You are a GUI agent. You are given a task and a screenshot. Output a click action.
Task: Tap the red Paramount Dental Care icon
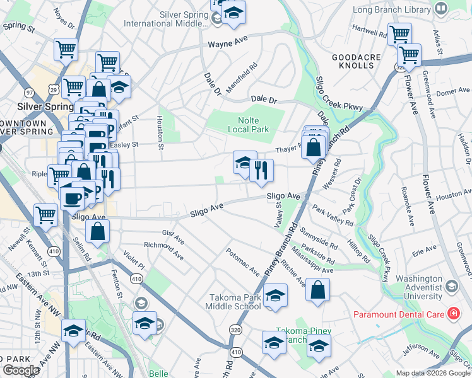pos(452,313)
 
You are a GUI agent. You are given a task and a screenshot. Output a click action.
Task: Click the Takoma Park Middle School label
pos(233,302)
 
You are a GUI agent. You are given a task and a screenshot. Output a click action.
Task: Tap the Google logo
pos(20,370)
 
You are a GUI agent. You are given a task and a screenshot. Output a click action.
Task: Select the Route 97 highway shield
pos(30,92)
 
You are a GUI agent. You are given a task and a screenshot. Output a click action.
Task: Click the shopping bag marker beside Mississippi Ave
pos(319,290)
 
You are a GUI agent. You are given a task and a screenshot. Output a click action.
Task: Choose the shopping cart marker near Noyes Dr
pos(66,49)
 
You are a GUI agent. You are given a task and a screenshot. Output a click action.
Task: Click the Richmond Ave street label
pos(163,246)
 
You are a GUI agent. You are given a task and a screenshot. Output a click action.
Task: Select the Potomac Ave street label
pos(245,263)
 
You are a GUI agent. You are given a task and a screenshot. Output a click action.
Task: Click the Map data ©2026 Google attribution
pos(432,373)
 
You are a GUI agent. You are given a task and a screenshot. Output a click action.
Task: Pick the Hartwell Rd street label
pos(369,30)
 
